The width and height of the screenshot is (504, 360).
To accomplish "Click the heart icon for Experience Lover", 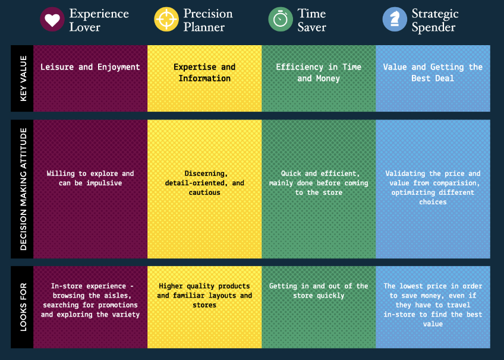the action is (x=52, y=19).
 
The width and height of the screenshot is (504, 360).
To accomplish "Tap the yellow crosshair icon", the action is (x=166, y=19).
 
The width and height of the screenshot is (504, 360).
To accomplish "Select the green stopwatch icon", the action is (x=281, y=19).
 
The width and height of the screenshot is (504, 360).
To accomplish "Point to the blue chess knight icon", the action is (x=395, y=19).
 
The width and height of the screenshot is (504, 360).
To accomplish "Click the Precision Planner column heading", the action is (x=208, y=20).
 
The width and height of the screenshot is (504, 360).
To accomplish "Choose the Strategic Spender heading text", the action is (x=435, y=20).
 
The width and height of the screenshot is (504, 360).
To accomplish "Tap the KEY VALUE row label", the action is (x=23, y=78).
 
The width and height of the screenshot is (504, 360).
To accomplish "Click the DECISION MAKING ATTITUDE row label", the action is (x=23, y=189).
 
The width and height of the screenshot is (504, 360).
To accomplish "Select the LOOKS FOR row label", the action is (x=23, y=307).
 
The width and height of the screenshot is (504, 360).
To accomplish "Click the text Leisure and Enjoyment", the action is (x=90, y=67).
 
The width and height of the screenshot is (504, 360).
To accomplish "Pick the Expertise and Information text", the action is (x=204, y=72).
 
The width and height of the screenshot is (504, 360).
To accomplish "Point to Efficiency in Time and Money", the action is (x=319, y=72).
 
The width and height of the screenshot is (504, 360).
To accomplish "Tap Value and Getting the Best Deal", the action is (x=433, y=72).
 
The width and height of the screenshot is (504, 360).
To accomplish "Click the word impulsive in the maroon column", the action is (x=104, y=183).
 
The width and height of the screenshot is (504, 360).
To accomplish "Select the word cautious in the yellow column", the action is (x=204, y=192).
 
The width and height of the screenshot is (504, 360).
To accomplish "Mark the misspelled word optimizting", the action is (x=412, y=192).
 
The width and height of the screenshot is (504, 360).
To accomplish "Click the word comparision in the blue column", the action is (x=456, y=183).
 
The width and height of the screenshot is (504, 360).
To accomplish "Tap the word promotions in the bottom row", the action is (x=118, y=305).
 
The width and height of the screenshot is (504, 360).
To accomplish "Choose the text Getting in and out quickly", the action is (x=319, y=290).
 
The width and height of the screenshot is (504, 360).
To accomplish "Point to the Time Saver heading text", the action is (x=311, y=20).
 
